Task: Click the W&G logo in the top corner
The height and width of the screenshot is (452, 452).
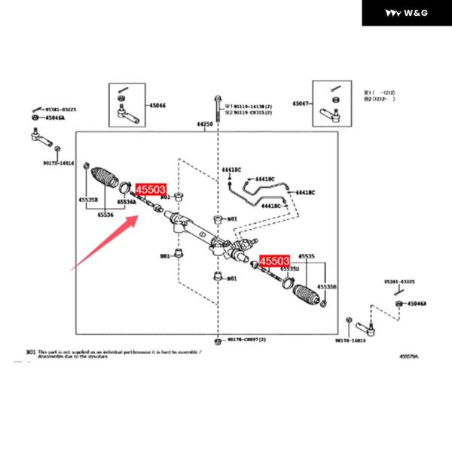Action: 408,14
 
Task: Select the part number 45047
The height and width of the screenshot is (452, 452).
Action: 301,102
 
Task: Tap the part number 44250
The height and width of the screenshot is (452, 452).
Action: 205,123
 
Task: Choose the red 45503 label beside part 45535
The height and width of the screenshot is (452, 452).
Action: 275,261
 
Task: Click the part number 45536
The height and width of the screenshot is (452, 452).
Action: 105,214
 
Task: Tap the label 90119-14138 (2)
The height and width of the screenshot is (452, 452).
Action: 249,107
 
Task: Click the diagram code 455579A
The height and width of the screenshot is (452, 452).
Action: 409,356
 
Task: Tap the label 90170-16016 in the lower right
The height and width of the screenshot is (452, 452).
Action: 350,340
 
